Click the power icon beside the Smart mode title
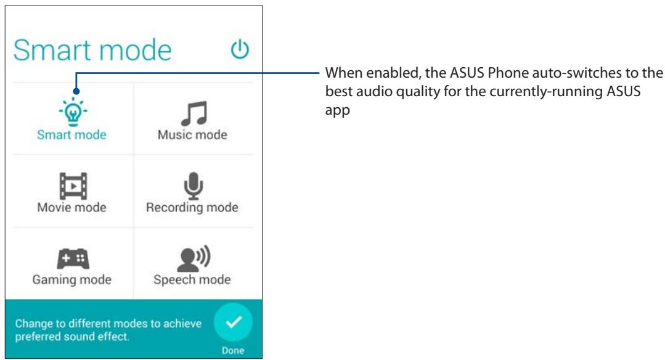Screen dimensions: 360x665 pyautogui.click(x=240, y=50)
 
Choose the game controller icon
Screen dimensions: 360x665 pyautogui.click(x=71, y=258)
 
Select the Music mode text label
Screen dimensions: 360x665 pyautogui.click(x=192, y=135)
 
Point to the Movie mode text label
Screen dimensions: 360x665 pyautogui.click(x=71, y=207)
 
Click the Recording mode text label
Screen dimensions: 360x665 pyautogui.click(x=192, y=207)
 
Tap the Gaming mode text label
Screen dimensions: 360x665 pyautogui.click(x=71, y=279)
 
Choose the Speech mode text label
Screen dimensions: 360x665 pyautogui.click(x=192, y=279)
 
